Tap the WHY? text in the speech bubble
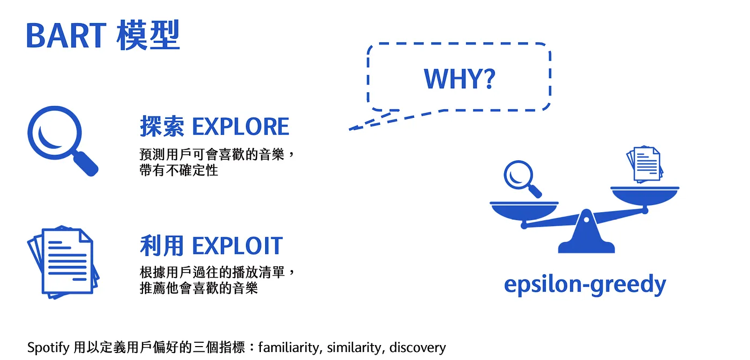(459, 79)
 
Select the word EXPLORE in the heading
(241, 127)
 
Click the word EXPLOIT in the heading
(237, 246)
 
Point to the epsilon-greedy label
(585, 284)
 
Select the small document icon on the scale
(645, 164)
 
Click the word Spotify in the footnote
(48, 348)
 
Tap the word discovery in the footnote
(417, 348)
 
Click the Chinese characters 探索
(162, 127)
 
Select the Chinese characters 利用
(162, 246)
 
